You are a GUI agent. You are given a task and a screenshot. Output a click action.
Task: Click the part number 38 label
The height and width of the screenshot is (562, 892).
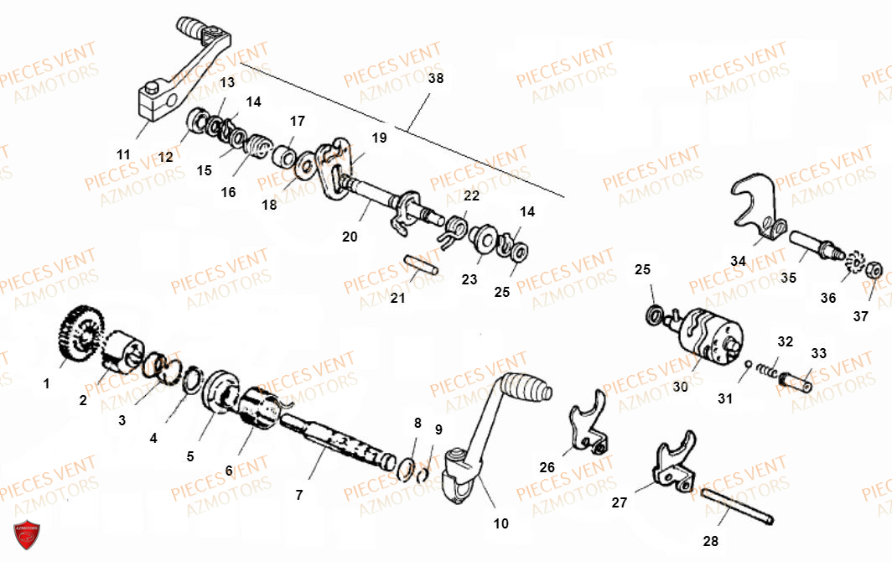point(435,78)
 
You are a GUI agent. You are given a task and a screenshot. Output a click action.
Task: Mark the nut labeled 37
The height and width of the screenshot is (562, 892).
point(872,270)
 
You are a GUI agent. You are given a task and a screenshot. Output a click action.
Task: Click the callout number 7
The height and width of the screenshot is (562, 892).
point(299,495)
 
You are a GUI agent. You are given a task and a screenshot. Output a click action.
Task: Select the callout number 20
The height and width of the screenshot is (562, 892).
point(350,237)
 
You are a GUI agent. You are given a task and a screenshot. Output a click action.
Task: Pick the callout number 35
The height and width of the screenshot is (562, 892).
point(789,277)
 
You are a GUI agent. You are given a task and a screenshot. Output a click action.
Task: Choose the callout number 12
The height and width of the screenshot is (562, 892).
point(165,157)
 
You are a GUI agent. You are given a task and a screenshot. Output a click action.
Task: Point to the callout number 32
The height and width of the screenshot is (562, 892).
point(785,341)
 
